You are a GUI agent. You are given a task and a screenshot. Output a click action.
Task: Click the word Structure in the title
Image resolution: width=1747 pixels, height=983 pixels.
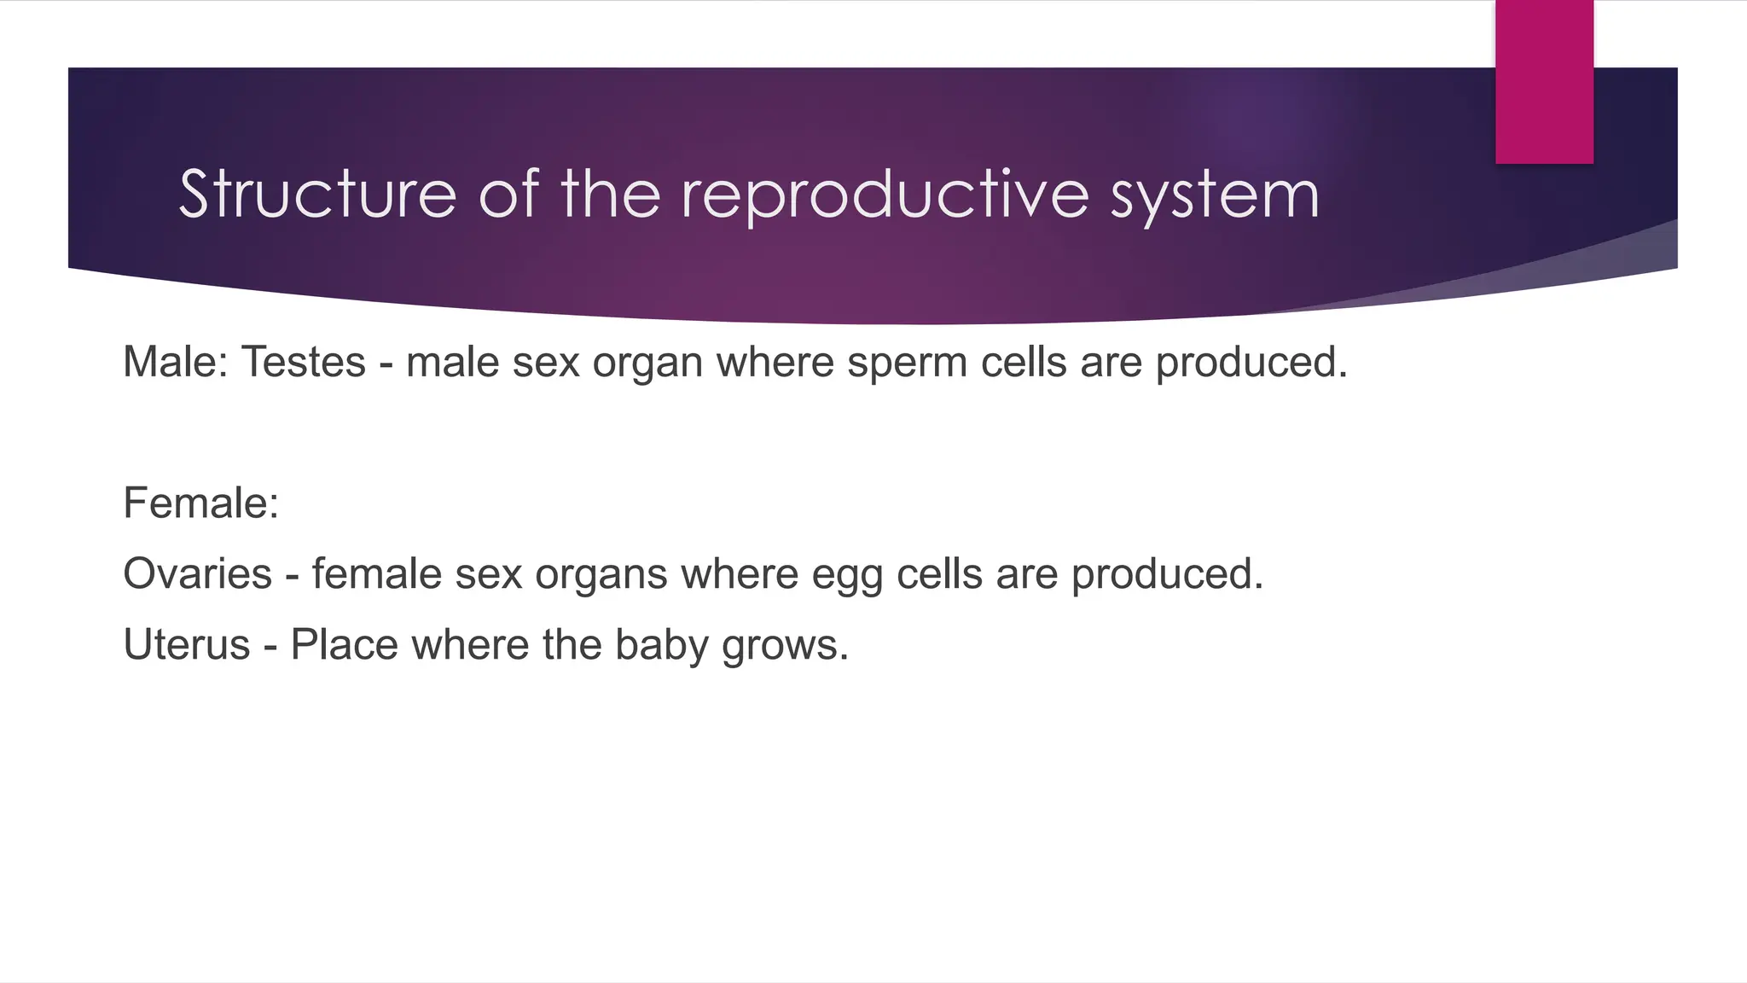[x=317, y=195]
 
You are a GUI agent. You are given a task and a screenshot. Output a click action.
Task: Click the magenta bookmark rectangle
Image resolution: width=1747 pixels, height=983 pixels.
[x=1544, y=82]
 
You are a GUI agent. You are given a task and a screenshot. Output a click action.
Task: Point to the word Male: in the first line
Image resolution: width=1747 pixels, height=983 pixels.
[x=176, y=362]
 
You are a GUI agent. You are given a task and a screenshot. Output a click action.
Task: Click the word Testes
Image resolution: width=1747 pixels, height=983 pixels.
[x=304, y=362]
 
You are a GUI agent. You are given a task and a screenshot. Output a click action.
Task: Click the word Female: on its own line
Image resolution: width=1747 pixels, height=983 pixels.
[x=201, y=503]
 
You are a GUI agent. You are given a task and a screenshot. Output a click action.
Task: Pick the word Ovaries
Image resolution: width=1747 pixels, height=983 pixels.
[x=197, y=573]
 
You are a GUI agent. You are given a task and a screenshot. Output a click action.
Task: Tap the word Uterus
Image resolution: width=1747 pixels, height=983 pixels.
[x=187, y=644]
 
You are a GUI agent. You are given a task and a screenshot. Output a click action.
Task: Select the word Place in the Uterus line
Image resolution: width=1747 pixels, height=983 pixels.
[x=344, y=644]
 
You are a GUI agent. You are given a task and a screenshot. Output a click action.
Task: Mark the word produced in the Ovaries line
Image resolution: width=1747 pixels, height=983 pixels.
[x=1167, y=575]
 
